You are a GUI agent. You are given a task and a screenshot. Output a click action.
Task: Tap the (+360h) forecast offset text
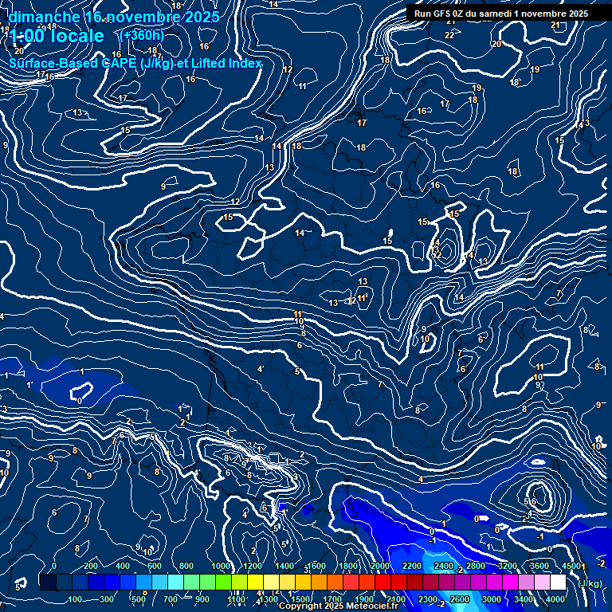click(x=141, y=36)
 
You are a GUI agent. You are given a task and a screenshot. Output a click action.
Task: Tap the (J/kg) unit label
click(x=590, y=583)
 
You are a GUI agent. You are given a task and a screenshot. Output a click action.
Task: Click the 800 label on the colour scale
click(x=186, y=566)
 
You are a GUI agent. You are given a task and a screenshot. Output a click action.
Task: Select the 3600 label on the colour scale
click(x=539, y=566)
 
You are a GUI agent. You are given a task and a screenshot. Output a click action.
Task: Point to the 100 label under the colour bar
click(x=76, y=599)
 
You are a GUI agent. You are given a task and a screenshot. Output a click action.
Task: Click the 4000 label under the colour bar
click(x=556, y=599)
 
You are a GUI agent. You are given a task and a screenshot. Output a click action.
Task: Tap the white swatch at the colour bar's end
click(x=558, y=583)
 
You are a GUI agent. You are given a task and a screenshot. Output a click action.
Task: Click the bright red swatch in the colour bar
click(x=382, y=583)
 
